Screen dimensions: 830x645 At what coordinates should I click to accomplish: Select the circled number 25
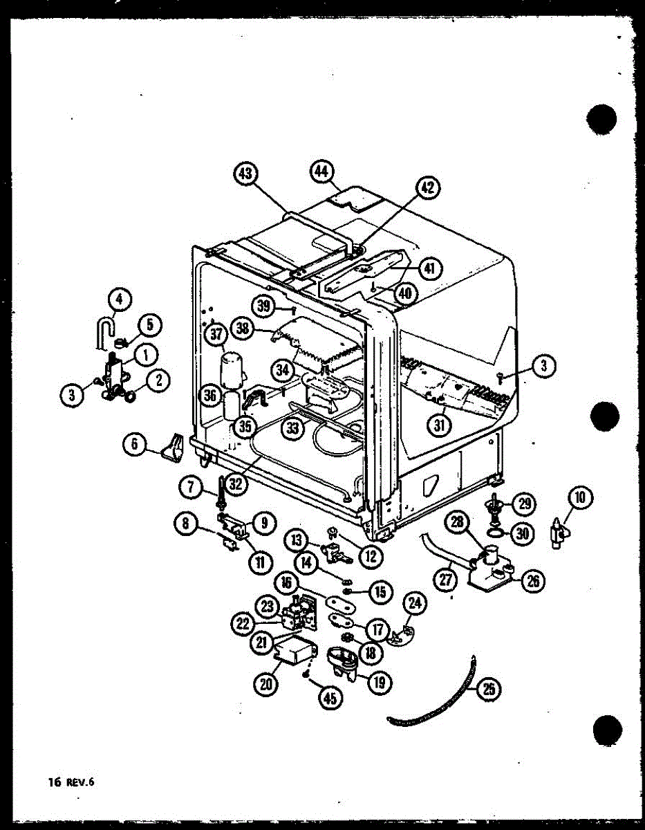[489, 689]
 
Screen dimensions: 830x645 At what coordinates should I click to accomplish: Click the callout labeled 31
[438, 425]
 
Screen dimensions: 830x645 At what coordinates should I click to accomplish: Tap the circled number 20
[267, 684]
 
